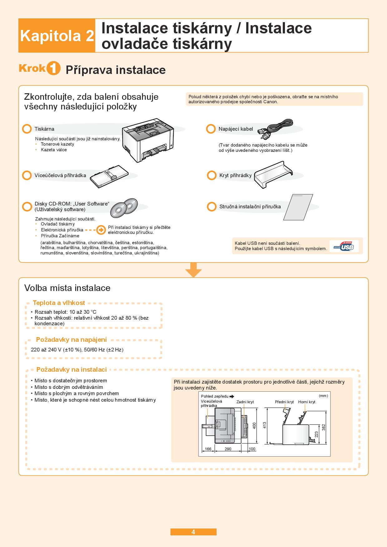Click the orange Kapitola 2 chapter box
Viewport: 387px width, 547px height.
pos(57,36)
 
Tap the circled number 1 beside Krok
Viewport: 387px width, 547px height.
pos(53,69)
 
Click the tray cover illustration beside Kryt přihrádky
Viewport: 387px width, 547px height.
pos(273,175)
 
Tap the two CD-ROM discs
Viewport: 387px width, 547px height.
pos(124,207)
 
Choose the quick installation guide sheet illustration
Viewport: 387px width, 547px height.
pos(298,207)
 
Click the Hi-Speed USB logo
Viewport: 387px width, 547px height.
pos(344,246)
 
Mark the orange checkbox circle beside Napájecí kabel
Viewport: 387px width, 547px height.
pos(211,129)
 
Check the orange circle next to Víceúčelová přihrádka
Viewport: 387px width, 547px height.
pos(27,175)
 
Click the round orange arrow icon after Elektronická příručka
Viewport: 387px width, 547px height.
pos(101,230)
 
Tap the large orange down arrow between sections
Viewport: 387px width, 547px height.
pos(193,270)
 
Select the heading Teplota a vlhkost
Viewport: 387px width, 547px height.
pos(59,303)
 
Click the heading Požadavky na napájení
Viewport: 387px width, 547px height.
pos(71,340)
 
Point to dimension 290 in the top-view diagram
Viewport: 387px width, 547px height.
pos(228,449)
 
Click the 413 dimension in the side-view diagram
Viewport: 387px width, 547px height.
pos(265,425)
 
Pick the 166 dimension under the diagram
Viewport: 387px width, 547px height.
pos(208,449)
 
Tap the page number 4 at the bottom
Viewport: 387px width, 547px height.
pos(193,532)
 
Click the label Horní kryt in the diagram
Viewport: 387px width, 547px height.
pos(306,402)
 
